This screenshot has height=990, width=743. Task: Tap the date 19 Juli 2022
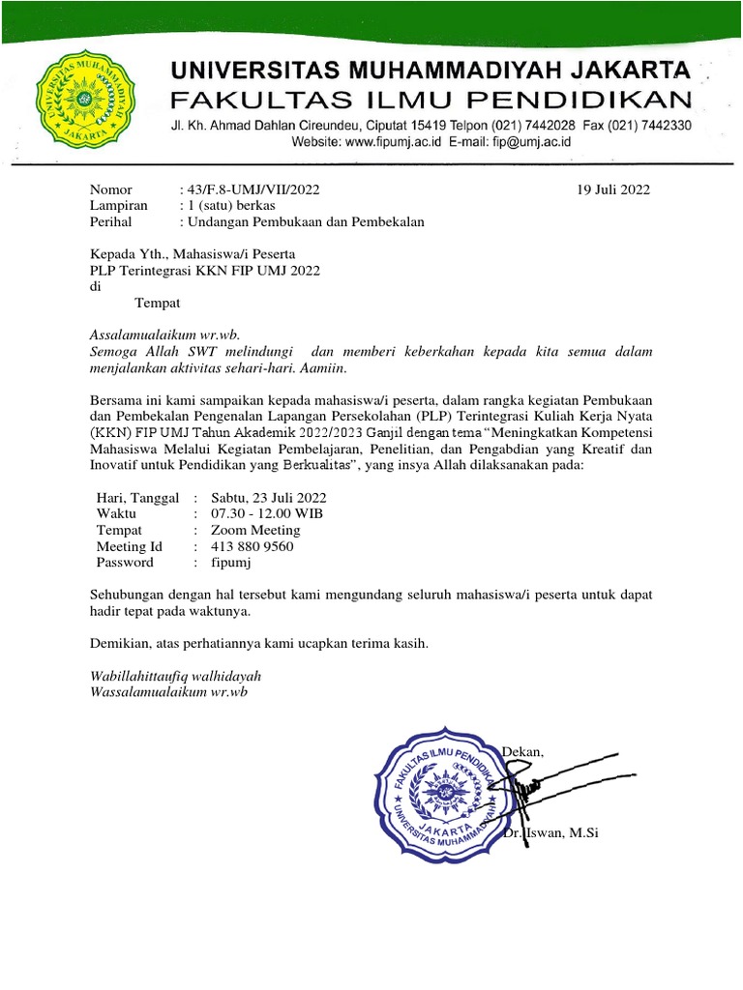click(x=612, y=189)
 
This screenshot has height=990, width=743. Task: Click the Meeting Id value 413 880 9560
click(x=252, y=546)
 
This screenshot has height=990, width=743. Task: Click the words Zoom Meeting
click(x=255, y=530)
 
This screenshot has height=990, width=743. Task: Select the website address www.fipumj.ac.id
click(x=394, y=141)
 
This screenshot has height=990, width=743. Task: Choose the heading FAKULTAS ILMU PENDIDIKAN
click(x=431, y=99)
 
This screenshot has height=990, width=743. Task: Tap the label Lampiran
click(x=118, y=205)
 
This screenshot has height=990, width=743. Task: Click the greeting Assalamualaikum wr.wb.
click(x=163, y=334)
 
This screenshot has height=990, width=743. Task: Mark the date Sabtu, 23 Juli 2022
click(x=268, y=497)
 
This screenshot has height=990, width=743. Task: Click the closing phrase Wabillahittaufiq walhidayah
click(x=175, y=676)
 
